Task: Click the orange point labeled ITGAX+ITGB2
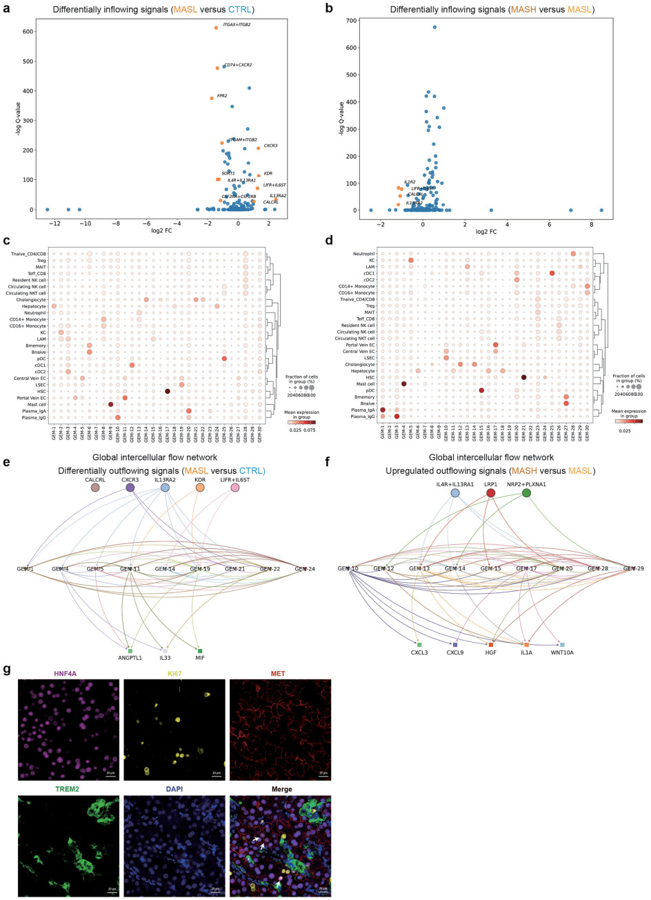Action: point(216,28)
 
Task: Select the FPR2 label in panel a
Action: point(222,96)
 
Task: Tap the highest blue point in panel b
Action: point(434,27)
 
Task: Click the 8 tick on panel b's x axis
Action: point(591,222)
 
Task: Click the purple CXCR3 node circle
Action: point(130,488)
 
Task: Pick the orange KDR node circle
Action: point(200,488)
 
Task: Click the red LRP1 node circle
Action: point(490,492)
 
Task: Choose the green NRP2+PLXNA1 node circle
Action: point(527,492)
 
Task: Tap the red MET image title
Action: point(279,673)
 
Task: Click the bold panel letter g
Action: point(7,669)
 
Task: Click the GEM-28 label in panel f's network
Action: point(597,568)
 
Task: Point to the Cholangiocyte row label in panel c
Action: point(32,299)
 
